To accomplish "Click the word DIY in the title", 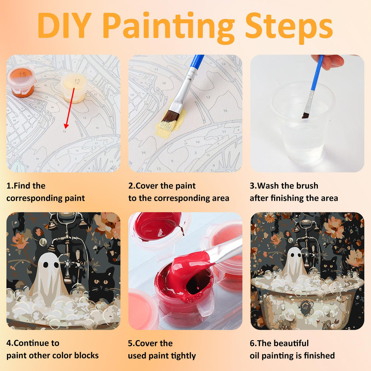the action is point(64,25).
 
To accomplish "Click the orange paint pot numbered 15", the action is point(22,82).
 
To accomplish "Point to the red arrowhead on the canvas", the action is point(66,126).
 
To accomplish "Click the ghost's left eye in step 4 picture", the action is point(46,265).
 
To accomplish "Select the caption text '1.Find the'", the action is point(26,186).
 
